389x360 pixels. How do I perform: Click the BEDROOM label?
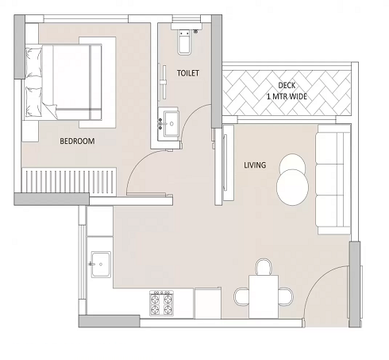pos(77,141)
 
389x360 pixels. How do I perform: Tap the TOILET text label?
pos(188,73)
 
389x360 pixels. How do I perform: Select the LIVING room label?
pos(255,165)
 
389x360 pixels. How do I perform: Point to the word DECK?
pos(287,85)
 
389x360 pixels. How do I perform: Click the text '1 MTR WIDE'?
pos(287,97)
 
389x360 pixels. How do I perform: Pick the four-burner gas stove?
pos(162,302)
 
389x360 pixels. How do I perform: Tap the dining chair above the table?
pos(264,265)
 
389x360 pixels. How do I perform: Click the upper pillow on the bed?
pos(33,61)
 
